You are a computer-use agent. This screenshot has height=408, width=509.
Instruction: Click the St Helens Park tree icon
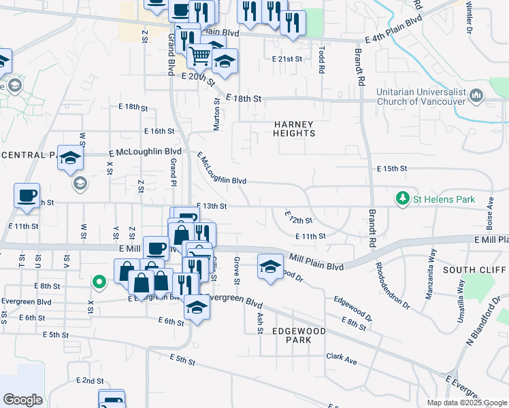click(403, 199)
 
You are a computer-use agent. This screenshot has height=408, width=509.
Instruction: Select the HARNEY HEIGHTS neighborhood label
click(295, 129)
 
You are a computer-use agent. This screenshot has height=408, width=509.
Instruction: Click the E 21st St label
click(286, 59)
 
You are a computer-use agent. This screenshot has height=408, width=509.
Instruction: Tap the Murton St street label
click(217, 114)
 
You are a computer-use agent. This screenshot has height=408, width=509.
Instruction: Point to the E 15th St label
click(391, 168)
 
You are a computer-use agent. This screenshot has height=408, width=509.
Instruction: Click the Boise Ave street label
click(490, 212)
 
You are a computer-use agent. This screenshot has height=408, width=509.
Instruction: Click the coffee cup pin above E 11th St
click(27, 195)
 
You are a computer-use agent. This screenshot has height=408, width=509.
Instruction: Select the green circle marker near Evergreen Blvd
click(99, 281)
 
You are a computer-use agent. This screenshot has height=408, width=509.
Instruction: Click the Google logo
click(22, 400)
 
